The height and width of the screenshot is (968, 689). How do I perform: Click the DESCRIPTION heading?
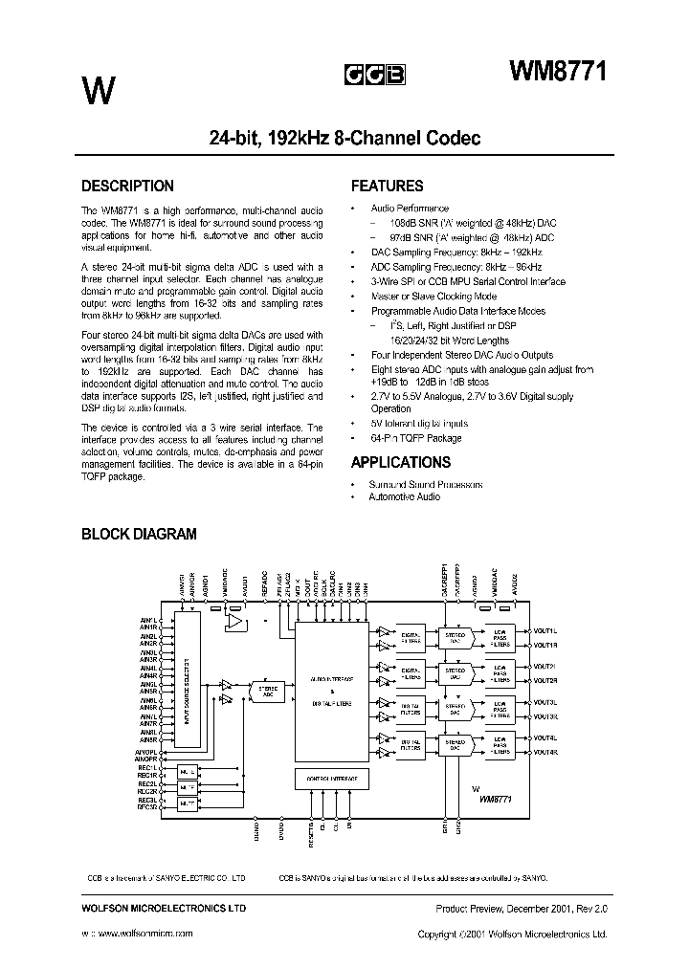coord(127,187)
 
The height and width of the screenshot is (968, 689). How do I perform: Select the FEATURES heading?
coord(387,187)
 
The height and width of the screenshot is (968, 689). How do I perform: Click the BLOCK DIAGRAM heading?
coord(139,534)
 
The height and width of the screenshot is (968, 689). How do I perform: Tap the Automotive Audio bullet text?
coord(406,497)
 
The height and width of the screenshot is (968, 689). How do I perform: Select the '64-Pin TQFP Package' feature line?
coord(416,438)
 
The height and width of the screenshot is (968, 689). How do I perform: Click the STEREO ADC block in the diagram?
coord(267,691)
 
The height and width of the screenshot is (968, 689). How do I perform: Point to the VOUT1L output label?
coord(545,631)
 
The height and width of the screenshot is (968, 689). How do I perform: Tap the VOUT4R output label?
coord(545,753)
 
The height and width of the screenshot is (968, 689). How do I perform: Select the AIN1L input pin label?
coord(148,621)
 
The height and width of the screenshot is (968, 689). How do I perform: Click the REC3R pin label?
coord(146,806)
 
